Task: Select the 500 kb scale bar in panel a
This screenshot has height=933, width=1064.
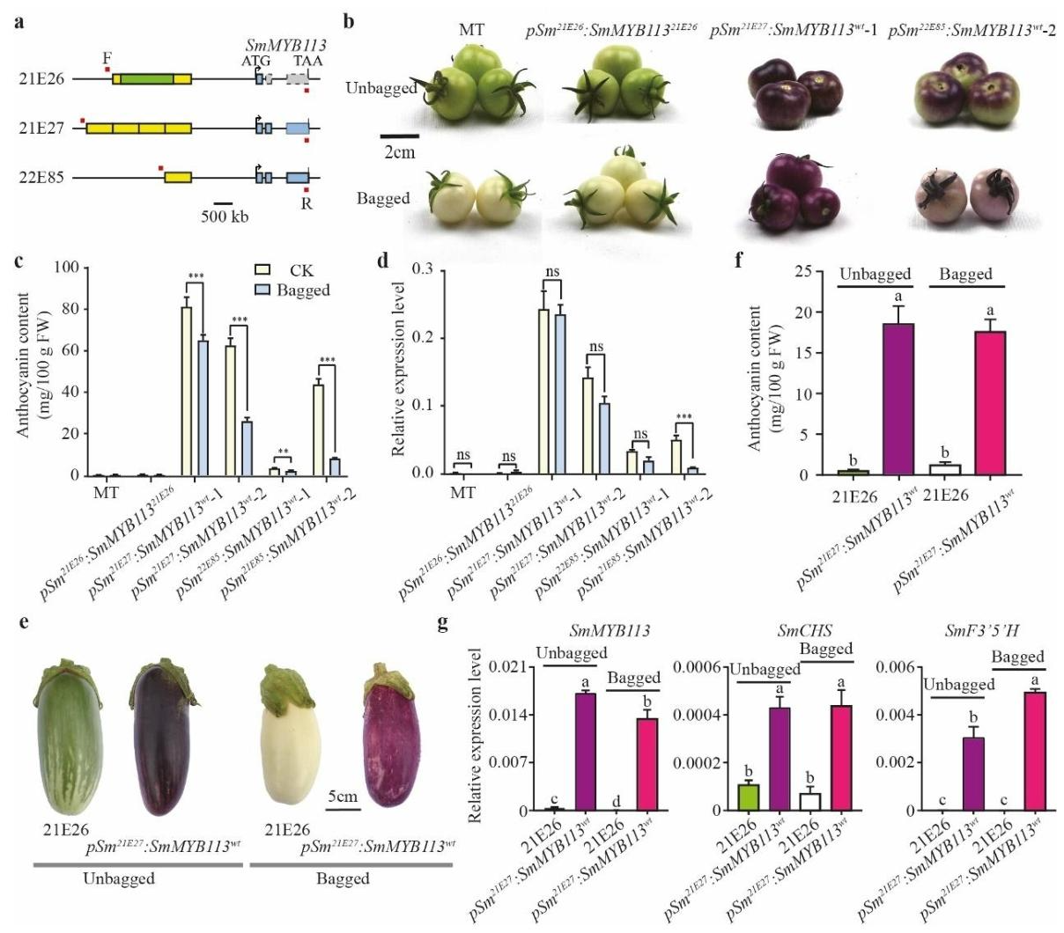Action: (223, 203)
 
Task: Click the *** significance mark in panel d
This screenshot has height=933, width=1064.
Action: (683, 418)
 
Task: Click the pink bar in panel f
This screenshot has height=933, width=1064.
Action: (993, 403)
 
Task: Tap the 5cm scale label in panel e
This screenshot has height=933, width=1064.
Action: (344, 797)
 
